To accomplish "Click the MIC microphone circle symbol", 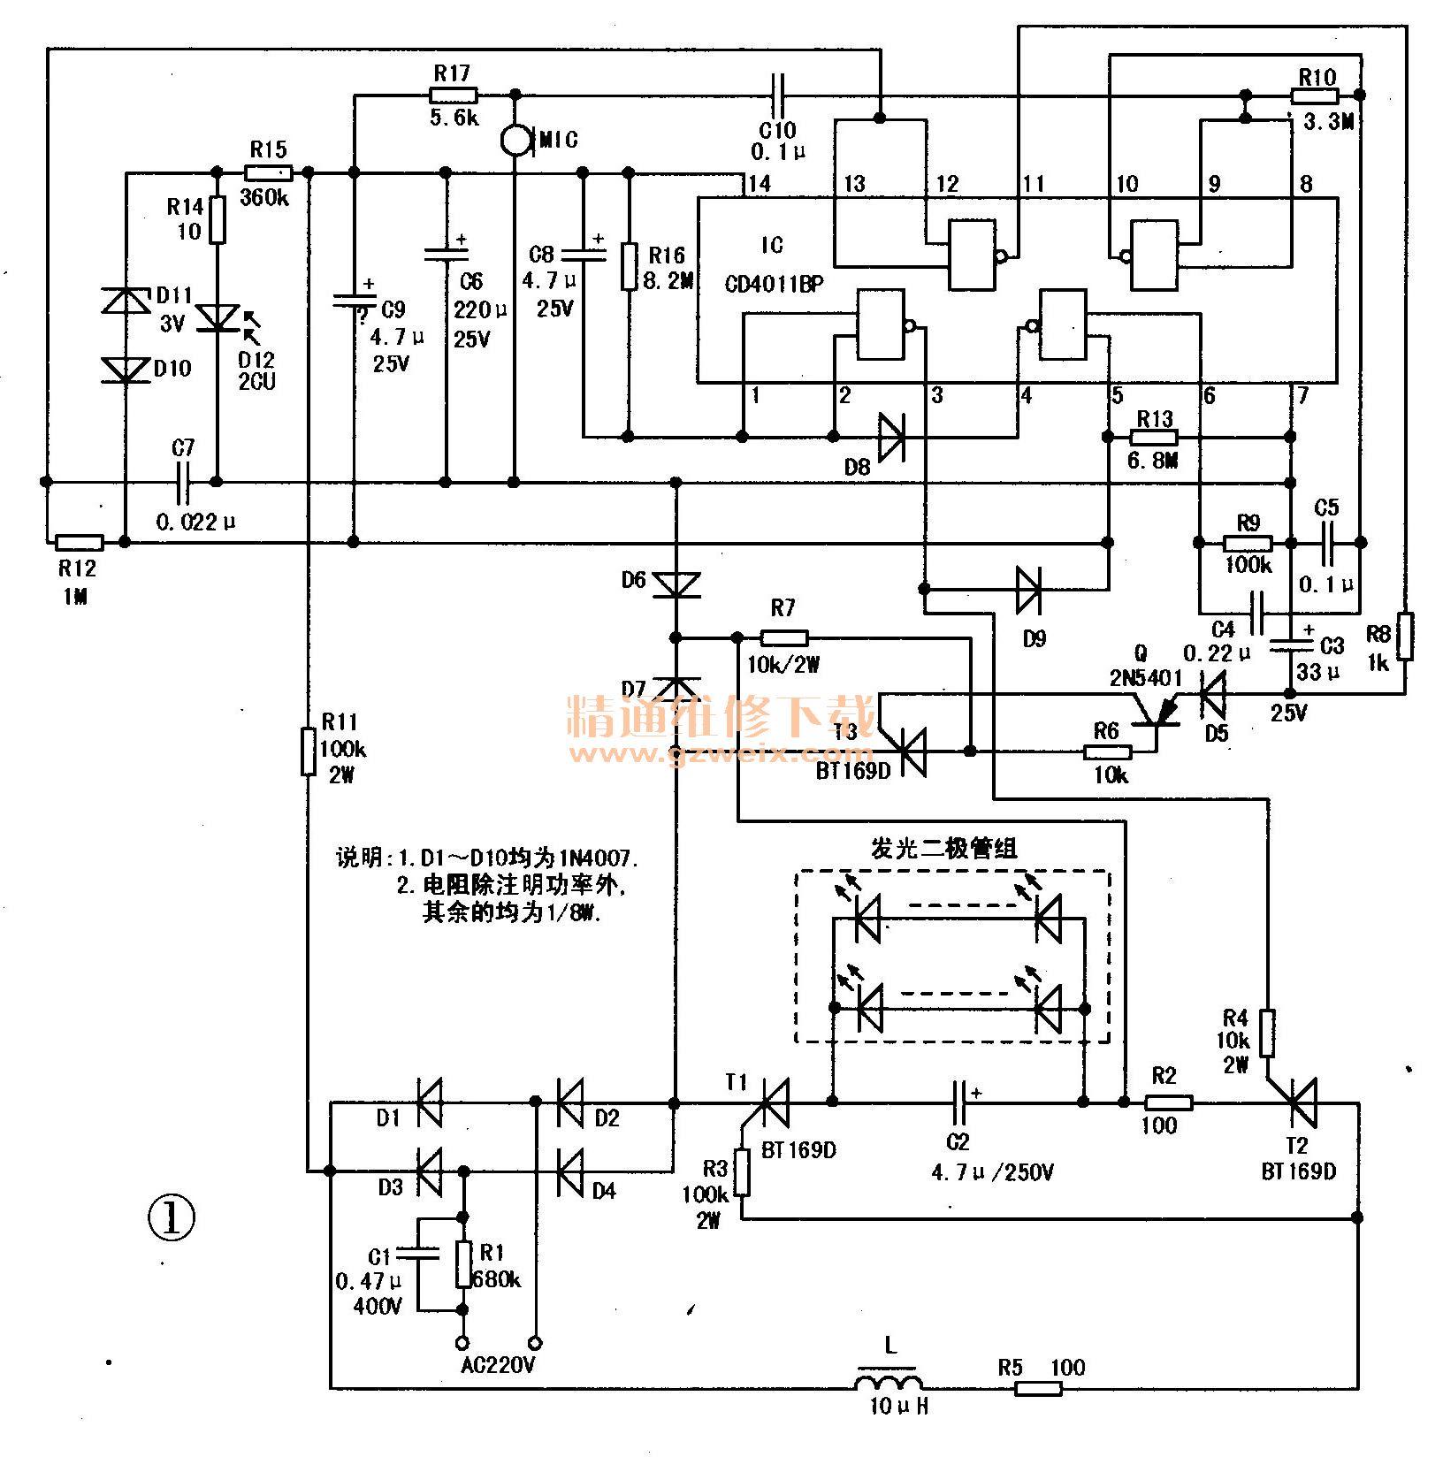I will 514,139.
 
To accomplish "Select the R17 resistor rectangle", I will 454,95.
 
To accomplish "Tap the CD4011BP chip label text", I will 774,284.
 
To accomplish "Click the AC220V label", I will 498,1366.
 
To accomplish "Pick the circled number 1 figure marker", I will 172,1218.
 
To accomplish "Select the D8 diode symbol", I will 891,437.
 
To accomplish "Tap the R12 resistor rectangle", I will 80,542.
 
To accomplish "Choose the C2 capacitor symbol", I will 959,1102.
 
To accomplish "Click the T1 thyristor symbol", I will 775,1103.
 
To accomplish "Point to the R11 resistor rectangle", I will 308,751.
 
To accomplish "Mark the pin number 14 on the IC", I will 758,184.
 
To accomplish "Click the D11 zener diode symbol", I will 126,301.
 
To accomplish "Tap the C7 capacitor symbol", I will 183,482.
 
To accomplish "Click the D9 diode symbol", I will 1029,589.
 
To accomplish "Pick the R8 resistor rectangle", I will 1404,636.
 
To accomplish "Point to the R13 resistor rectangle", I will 1155,437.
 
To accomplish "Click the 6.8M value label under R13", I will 1153,461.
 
